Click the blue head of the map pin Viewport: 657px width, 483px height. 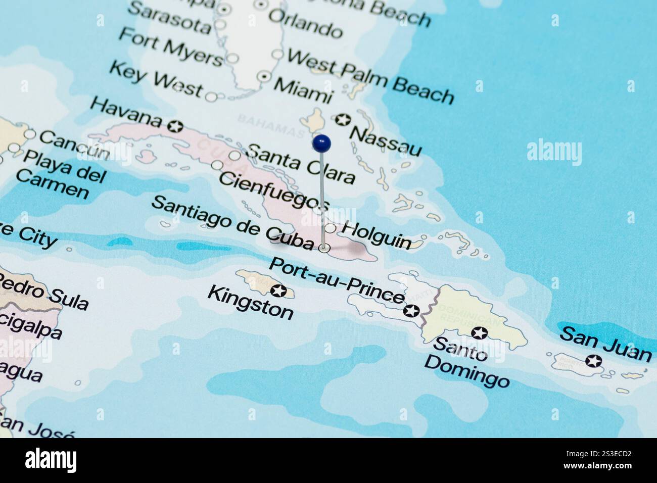(321, 143)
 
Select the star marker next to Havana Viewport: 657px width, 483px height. (176, 125)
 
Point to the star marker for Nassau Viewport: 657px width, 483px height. (343, 120)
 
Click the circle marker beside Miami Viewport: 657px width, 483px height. (264, 76)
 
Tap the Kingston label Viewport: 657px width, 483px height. (251, 302)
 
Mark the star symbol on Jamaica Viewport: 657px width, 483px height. (278, 291)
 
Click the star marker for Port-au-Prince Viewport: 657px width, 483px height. (411, 310)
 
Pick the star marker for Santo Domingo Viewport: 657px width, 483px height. (479, 333)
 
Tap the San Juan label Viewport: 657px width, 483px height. (606, 344)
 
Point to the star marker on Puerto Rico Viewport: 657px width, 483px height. (593, 361)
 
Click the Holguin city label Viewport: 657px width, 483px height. (376, 234)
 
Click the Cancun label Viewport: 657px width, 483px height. (74, 144)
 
